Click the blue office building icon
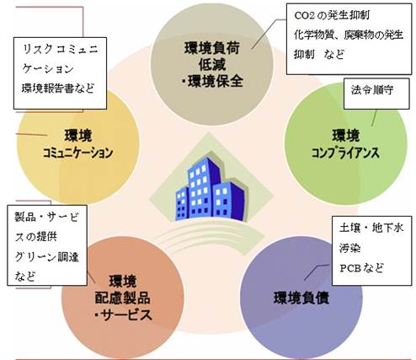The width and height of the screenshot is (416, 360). pos(210,189)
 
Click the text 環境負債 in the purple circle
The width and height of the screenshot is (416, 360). pos(301,298)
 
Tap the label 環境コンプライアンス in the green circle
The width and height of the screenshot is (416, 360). pos(345,144)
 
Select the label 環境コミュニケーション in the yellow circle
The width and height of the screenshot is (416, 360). pos(77,144)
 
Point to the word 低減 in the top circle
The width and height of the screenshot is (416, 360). pos(212,65)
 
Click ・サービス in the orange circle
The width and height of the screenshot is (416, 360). pos(123,315)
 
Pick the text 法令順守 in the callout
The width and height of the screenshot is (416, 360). pos(371,90)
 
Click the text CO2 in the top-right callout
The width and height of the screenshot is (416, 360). pos(304,15)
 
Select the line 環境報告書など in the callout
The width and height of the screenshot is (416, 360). pos(58,89)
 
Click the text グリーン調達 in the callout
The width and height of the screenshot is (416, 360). pos(47,257)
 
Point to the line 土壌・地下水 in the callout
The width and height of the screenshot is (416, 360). pos(371,228)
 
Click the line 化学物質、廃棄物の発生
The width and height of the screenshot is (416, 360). pos(349,35)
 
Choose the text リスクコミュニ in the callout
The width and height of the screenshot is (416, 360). pos(60,50)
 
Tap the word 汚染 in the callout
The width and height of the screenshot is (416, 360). pos(349,248)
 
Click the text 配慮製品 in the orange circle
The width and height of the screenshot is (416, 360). pos(122,298)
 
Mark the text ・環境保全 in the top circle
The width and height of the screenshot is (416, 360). pos(212,82)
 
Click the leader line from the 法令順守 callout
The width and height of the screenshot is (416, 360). pos(375,118)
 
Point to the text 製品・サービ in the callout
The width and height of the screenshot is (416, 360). pos(47,217)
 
